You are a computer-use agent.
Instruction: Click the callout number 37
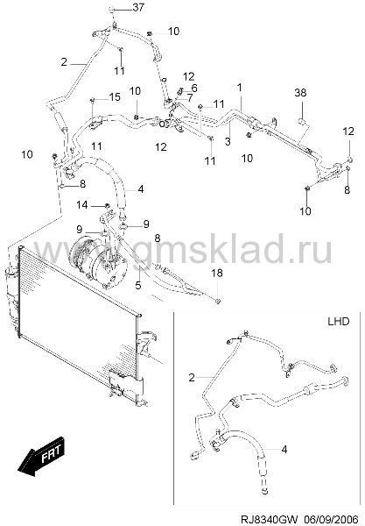point(138,7)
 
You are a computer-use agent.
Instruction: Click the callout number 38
point(300,93)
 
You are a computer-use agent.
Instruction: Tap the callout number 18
point(217,273)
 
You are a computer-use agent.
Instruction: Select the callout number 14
point(82,204)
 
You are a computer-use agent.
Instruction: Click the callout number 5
point(194,89)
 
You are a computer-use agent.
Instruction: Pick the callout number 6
point(190,98)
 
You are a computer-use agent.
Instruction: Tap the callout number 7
point(240,88)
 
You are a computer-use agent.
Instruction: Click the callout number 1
point(228,141)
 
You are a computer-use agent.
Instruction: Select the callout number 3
point(338,322)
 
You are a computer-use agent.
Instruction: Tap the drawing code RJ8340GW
point(327,519)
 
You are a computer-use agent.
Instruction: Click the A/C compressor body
point(284,449)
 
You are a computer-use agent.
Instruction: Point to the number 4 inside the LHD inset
point(192,378)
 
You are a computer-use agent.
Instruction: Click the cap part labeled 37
point(110,10)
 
